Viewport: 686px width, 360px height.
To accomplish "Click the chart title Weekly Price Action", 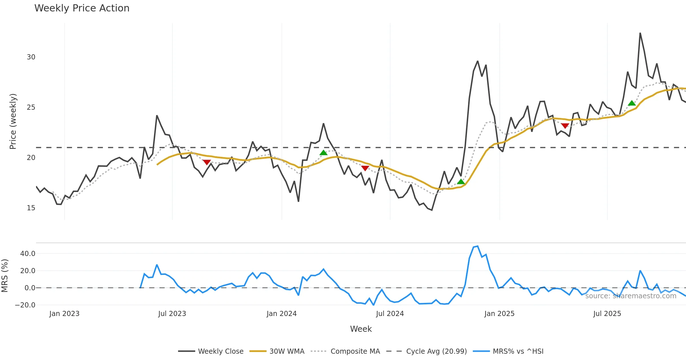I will click(82, 8).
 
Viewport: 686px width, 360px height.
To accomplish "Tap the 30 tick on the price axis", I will click(31, 57).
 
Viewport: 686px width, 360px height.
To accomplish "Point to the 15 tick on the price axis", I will click(31, 208).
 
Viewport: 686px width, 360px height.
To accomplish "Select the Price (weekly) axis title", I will click(13, 121).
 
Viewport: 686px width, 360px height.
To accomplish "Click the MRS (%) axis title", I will click(5, 276).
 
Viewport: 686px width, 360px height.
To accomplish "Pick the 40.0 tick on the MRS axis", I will click(28, 254).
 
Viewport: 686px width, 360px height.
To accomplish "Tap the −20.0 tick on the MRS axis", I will click(25, 305).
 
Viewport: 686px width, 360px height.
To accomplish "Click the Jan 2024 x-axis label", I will click(282, 314).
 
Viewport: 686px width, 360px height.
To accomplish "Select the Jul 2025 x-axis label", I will click(607, 314).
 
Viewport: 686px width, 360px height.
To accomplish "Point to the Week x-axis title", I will click(361, 329).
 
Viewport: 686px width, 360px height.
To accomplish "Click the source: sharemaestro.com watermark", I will click(631, 296).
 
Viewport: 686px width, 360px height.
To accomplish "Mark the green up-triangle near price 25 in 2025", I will click(632, 103).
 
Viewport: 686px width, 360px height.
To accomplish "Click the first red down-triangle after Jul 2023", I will click(206, 162).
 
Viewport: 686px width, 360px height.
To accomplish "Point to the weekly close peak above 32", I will click(640, 33).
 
